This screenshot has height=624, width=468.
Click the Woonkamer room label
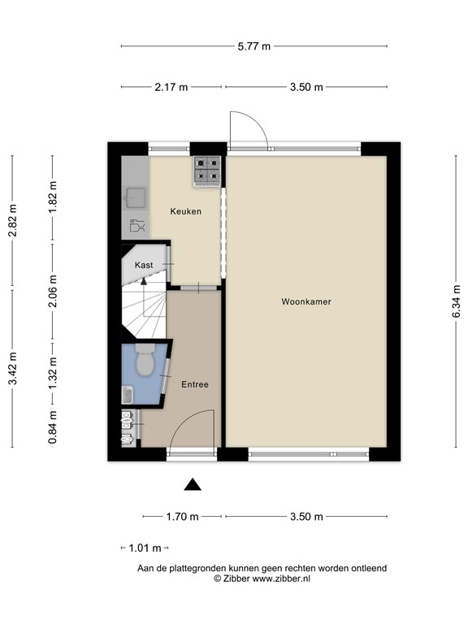click(306, 301)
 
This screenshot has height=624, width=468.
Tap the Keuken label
click(185, 211)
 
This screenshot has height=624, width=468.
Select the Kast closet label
click(144, 265)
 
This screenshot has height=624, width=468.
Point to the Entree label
click(195, 384)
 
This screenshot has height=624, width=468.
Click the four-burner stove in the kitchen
click(206, 169)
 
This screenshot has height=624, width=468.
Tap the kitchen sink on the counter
click(135, 197)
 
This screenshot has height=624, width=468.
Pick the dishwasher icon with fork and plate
click(136, 225)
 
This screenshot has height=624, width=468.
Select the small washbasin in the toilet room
click(128, 395)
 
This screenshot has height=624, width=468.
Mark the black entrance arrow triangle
click(192, 485)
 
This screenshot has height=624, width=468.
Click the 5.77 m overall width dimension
click(254, 46)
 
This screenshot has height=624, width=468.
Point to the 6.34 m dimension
click(457, 301)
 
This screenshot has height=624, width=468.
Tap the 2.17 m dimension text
click(171, 87)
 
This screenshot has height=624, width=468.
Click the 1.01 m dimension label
click(145, 548)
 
